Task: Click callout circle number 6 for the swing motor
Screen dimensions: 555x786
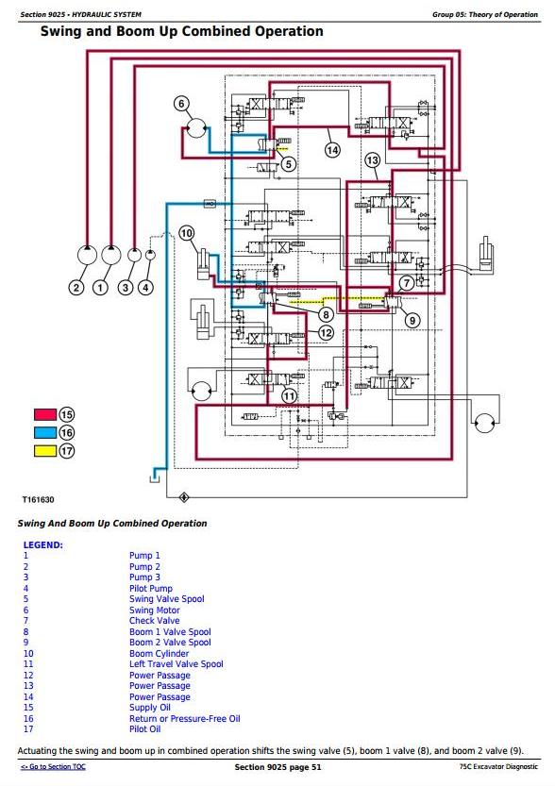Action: pyautogui.click(x=181, y=104)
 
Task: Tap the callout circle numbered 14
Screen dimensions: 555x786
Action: pyautogui.click(x=332, y=149)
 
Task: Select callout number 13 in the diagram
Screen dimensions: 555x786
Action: pyautogui.click(x=372, y=160)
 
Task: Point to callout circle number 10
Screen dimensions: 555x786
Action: pyautogui.click(x=187, y=233)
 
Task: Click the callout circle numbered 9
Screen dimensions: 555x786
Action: pyautogui.click(x=412, y=320)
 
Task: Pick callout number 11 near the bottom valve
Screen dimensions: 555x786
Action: pyautogui.click(x=289, y=396)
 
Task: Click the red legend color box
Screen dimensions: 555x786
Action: pyautogui.click(x=45, y=414)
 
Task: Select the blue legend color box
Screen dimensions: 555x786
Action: pyautogui.click(x=45, y=432)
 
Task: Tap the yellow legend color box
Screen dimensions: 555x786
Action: pyautogui.click(x=45, y=451)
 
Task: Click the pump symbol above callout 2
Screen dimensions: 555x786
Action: pyautogui.click(x=87, y=255)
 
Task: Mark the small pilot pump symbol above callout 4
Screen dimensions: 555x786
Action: pyautogui.click(x=150, y=255)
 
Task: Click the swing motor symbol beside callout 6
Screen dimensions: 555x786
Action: pyautogui.click(x=196, y=128)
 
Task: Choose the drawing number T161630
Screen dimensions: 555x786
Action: pyautogui.click(x=38, y=500)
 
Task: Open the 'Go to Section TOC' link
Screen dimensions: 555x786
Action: pyautogui.click(x=53, y=767)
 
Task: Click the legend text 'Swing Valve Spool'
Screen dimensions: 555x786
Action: pyautogui.click(x=166, y=599)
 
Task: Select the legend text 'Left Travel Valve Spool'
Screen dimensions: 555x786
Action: pyautogui.click(x=176, y=664)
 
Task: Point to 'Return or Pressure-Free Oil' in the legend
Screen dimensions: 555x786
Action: pyautogui.click(x=184, y=719)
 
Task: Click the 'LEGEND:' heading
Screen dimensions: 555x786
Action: pyautogui.click(x=43, y=544)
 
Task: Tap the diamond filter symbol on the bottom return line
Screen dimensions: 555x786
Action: pyautogui.click(x=184, y=497)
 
